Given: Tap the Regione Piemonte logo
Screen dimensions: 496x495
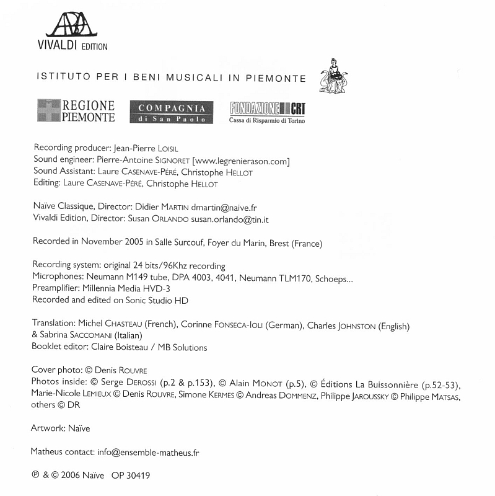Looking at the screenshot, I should click(x=76, y=111).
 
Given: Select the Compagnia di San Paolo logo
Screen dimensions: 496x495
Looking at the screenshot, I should click(x=171, y=112).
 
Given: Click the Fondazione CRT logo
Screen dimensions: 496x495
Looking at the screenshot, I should click(x=267, y=112).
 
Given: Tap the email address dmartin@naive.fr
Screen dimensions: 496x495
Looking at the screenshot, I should click(x=224, y=207).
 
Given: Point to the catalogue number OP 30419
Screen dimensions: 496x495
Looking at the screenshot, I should click(x=131, y=476).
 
